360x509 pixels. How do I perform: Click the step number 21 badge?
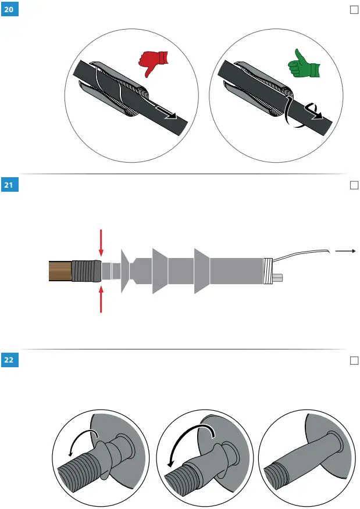coord(10,185)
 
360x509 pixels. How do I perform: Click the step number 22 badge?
coord(10,360)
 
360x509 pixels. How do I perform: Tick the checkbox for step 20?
coord(353,10)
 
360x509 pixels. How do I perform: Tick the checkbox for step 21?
coord(353,185)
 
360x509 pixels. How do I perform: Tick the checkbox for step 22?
coord(353,360)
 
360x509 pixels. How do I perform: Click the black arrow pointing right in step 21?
coord(345,251)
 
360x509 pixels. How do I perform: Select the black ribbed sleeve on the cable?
coord(85,271)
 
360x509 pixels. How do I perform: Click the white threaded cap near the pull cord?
coord(268,271)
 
